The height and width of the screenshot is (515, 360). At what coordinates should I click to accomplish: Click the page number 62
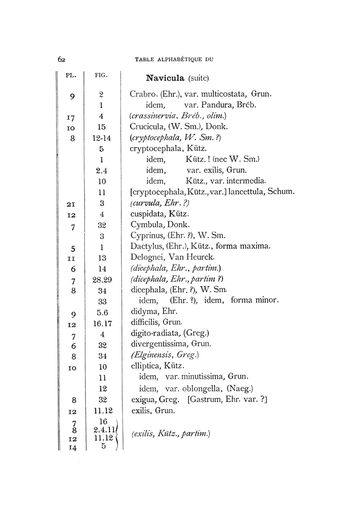pyautogui.click(x=61, y=59)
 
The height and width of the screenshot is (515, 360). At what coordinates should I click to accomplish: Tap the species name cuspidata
pyautogui.click(x=148, y=213)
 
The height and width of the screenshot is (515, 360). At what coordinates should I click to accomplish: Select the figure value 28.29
pyautogui.click(x=102, y=280)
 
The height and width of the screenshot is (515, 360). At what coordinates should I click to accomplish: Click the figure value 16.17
pyautogui.click(x=102, y=323)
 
